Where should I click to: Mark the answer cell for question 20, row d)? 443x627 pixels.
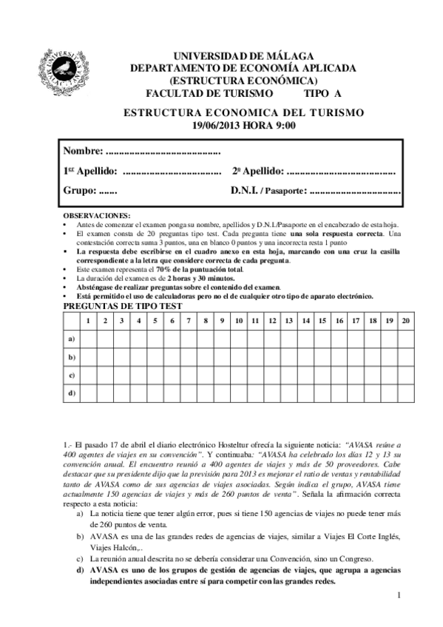coord(405,393)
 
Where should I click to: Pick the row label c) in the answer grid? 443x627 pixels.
coord(72,375)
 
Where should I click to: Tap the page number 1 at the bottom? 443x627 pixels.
coord(398,595)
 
